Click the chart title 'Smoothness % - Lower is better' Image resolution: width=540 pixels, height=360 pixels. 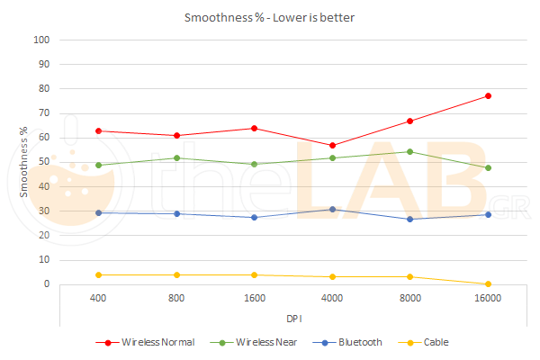tap(270, 17)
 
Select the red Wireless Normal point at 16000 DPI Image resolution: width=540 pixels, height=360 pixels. tap(488, 95)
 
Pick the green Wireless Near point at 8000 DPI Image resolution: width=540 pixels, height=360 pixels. tap(409, 151)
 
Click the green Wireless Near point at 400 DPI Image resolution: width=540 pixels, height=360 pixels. tap(98, 165)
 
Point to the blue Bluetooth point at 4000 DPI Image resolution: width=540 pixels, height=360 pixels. tap(332, 209)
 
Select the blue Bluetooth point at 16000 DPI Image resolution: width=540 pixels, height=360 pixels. tap(488, 214)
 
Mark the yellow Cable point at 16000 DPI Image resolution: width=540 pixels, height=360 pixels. tap(488, 284)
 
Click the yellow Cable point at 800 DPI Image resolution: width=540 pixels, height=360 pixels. tap(176, 274)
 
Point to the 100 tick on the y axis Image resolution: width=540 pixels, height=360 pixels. tap(41, 40)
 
